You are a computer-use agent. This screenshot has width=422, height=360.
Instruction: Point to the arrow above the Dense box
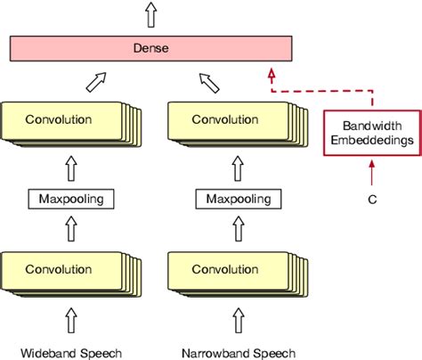[149, 13]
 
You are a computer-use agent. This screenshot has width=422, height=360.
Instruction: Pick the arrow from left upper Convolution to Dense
[96, 82]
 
